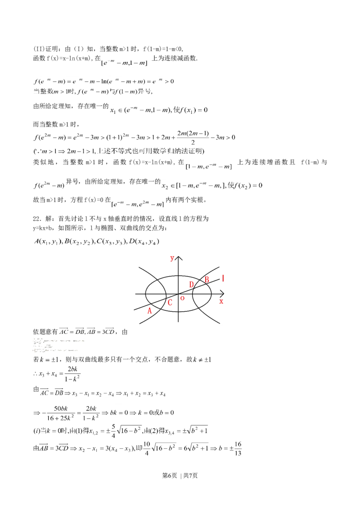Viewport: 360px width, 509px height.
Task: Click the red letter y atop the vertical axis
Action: pyautogui.click(x=172, y=259)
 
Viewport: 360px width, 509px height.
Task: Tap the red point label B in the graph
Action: pyautogui.click(x=207, y=279)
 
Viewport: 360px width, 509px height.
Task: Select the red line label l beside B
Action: pyautogui.click(x=223, y=279)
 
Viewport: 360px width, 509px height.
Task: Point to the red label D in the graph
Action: pyautogui.click(x=192, y=284)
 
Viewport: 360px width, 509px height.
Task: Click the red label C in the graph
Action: pyautogui.click(x=170, y=303)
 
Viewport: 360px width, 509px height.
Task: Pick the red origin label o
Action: pyautogui.click(x=182, y=298)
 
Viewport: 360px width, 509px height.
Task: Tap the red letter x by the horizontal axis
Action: pyautogui.click(x=221, y=302)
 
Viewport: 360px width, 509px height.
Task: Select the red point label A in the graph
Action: pyautogui.click(x=149, y=310)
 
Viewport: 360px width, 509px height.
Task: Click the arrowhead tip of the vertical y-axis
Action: pyautogui.click(x=179, y=256)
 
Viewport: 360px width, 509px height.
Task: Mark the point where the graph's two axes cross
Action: pyautogui.click(x=179, y=294)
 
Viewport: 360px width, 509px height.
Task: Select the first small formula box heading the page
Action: pyautogui.click(x=124, y=62)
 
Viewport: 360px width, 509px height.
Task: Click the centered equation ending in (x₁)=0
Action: pyautogui.click(x=160, y=110)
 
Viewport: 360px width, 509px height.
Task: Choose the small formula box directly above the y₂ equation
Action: pyautogui.click(x=209, y=167)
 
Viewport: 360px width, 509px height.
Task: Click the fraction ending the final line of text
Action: pyautogui.click(x=237, y=447)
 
